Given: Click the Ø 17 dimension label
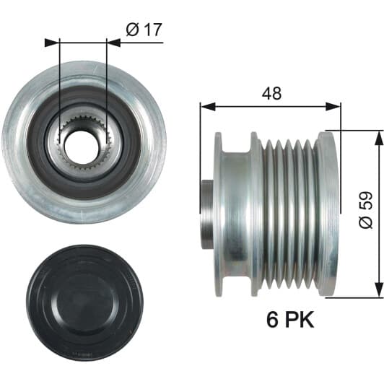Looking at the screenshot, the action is pyautogui.click(x=144, y=30).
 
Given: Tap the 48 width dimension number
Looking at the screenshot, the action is pyautogui.click(x=271, y=93).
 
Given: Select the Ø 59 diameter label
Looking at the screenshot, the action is pyautogui.click(x=366, y=210).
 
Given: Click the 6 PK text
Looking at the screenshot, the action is pyautogui.click(x=290, y=320).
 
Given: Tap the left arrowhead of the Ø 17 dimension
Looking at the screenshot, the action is pyautogui.click(x=52, y=43).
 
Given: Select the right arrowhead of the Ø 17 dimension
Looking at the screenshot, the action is pyautogui.click(x=114, y=43).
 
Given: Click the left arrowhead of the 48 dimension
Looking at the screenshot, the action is pyautogui.click(x=208, y=107).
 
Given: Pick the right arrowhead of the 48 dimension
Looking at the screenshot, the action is pyautogui.click(x=333, y=107).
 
